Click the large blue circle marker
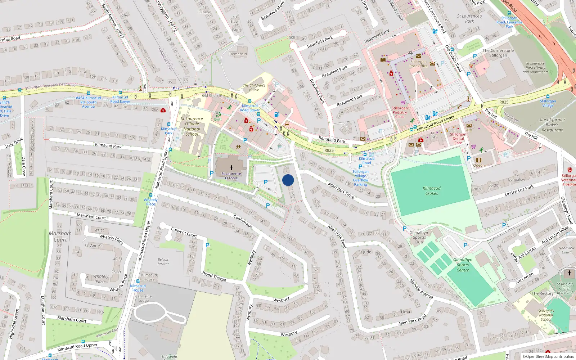[288, 180]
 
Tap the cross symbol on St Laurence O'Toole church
[231, 168]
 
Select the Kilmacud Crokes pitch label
[432, 191]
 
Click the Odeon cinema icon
[478, 160]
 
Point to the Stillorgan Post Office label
[418, 64]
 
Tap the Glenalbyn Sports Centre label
[463, 265]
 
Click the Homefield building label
[238, 54]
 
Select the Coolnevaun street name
[243, 221]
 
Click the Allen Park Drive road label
[341, 190]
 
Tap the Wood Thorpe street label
[214, 276]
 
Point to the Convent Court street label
[184, 232]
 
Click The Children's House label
[254, 87]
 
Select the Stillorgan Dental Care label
[458, 139]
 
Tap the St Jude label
[365, 252]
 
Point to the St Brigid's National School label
[546, 315]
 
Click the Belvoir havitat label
[163, 261]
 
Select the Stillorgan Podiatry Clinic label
[400, 112]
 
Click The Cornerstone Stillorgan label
[498, 53]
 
